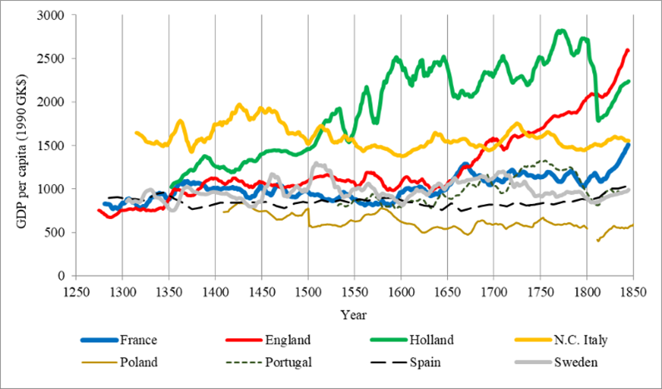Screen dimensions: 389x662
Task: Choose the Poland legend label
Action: pyautogui.click(x=138, y=362)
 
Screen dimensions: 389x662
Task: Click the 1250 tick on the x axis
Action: pyautogui.click(x=76, y=289)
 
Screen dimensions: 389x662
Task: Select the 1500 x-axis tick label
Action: pyautogui.click(x=308, y=289)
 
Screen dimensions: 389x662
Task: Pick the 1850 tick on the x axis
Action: pyautogui.click(x=634, y=289)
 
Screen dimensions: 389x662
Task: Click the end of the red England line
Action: pyautogui.click(x=628, y=50)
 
